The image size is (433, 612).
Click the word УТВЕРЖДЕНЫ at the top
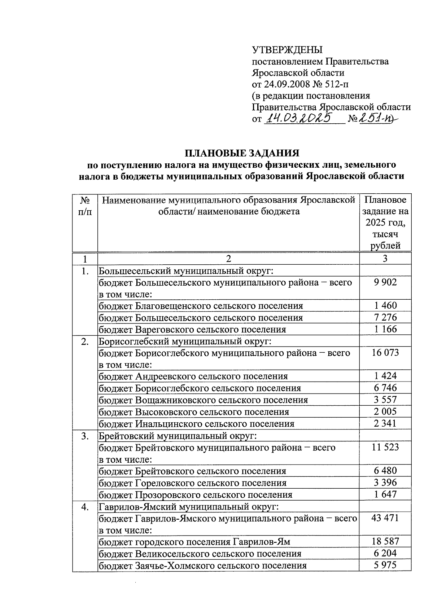[x=287, y=50]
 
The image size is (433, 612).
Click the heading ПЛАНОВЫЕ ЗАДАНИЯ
[x=242, y=153]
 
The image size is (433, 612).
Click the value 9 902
[x=385, y=282]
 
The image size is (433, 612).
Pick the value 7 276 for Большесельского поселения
[x=385, y=317]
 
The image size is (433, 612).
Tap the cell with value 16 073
[x=385, y=353]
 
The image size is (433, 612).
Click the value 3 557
[x=385, y=400]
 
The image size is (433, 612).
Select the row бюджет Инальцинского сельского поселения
[x=197, y=424]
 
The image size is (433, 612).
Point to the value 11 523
[x=385, y=447]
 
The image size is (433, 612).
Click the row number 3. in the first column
[x=85, y=436]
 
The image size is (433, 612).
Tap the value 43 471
[x=385, y=518]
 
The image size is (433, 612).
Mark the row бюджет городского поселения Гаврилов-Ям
[x=194, y=542]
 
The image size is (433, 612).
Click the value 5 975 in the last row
[x=385, y=565]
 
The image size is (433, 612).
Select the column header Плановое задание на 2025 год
[x=385, y=222]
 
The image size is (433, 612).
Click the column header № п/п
[x=85, y=206]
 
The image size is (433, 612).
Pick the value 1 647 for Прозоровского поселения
[x=385, y=494]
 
